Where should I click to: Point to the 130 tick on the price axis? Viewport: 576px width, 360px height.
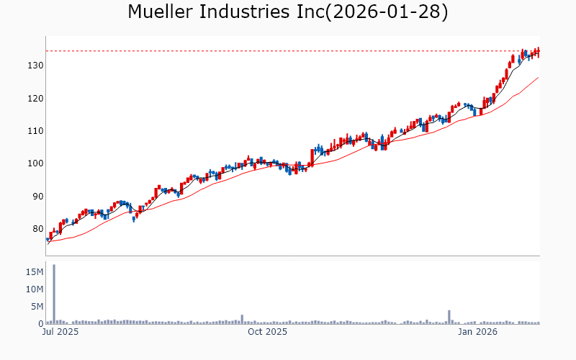[x=34, y=66]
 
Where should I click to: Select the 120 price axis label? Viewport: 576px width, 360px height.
[x=34, y=98]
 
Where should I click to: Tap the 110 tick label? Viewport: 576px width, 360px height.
[x=34, y=131]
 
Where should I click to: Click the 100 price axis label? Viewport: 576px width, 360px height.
[x=34, y=163]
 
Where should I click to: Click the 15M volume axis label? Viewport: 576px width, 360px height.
[x=33, y=272]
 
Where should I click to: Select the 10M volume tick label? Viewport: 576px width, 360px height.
[x=33, y=289]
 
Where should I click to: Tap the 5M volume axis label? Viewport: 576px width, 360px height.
[x=36, y=307]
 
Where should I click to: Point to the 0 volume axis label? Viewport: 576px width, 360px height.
[x=40, y=324]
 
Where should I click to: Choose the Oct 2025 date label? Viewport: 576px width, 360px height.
[x=267, y=333]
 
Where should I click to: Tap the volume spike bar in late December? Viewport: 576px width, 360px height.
[x=449, y=318]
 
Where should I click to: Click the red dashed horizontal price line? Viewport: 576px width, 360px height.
[x=288, y=50]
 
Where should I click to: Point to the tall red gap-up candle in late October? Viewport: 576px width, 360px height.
[x=312, y=156]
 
